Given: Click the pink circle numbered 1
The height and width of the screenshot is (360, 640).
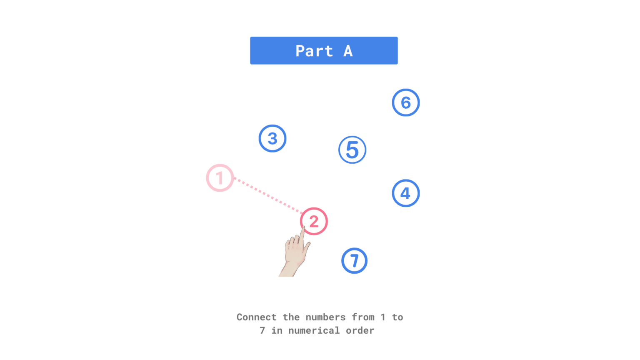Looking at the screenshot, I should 220,178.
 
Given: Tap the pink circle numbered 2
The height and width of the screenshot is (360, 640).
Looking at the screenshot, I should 314,221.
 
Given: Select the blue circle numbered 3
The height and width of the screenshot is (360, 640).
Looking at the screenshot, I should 272,138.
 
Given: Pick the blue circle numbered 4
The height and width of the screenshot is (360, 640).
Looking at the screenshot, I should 405,193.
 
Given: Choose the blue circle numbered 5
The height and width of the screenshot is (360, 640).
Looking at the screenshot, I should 352,150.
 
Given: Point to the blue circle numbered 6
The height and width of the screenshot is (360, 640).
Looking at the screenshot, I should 405,102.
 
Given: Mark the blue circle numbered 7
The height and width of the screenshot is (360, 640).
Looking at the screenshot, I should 354,261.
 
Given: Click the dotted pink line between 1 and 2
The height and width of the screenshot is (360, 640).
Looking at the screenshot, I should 267,196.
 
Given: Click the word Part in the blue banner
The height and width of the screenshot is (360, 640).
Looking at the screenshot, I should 314,51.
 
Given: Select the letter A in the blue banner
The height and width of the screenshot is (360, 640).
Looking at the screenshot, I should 348,51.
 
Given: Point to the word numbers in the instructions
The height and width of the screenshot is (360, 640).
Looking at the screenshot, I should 325,317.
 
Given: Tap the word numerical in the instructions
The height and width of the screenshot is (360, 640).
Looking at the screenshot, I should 308,330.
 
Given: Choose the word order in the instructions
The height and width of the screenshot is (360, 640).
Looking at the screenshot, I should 360,330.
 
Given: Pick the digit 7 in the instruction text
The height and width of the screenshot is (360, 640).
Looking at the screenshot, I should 262,330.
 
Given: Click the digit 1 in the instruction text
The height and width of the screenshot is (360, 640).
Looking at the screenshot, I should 383,317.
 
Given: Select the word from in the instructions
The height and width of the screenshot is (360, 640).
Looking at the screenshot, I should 363,317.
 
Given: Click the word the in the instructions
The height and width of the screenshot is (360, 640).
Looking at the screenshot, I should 291,317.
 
